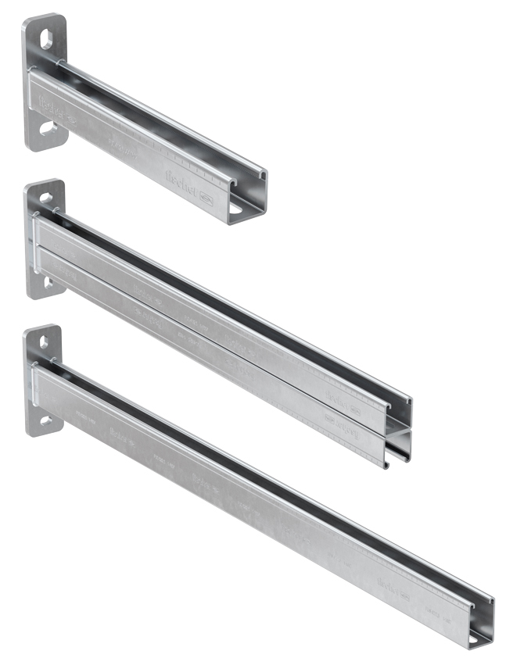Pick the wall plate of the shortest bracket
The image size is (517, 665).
(x=43, y=82)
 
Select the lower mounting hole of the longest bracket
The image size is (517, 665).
(x=45, y=420)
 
